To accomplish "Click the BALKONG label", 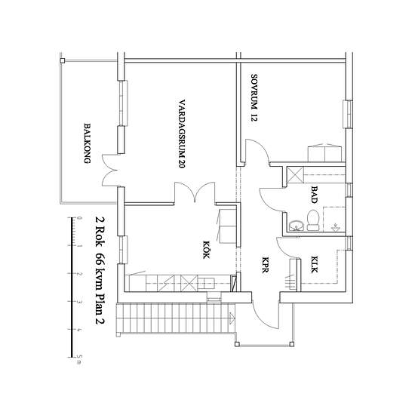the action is (88, 143).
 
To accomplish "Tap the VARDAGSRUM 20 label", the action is (182, 134).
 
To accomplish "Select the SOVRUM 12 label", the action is (254, 97).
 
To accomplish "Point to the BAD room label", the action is (314, 195).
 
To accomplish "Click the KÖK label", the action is (206, 250).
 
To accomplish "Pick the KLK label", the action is (314, 264).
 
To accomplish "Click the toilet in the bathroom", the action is (313, 220).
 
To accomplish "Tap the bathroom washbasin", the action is (297, 226).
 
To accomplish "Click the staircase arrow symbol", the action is (232, 318).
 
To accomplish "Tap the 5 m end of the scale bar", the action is (72, 358).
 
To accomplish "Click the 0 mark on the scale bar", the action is (72, 218).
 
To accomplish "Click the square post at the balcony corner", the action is (63, 61).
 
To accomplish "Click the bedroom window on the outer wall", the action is (349, 114).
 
